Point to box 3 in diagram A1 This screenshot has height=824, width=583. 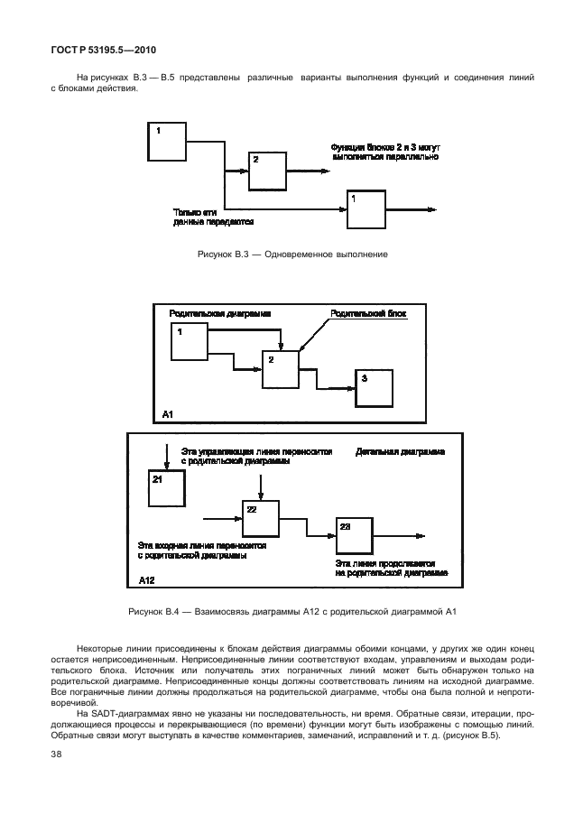(x=374, y=388)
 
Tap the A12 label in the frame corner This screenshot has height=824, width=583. (x=146, y=582)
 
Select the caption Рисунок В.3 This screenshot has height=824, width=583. (x=291, y=255)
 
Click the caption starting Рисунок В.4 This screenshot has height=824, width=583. (x=291, y=614)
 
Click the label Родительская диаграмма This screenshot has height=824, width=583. (x=220, y=315)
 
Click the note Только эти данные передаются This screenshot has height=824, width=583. (x=214, y=215)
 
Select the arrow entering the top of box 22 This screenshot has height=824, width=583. (x=261, y=484)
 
